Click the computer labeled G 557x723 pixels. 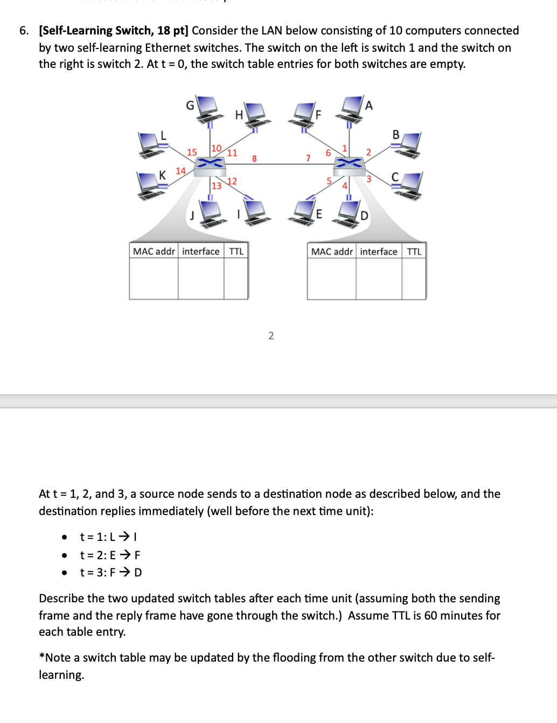click(207, 109)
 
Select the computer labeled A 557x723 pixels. click(351, 107)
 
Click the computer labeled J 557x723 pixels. click(211, 214)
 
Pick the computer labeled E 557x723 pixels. click(304, 211)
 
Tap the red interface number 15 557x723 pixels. click(192, 152)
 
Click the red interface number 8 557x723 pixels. click(254, 158)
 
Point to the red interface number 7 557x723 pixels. click(308, 158)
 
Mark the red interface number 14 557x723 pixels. click(180, 171)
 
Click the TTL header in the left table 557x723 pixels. click(236, 252)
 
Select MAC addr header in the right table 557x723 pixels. click(332, 252)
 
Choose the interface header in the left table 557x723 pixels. click(201, 252)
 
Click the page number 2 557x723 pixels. click(271, 336)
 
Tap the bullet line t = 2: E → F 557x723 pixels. click(110, 555)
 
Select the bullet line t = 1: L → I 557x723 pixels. click(109, 537)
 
